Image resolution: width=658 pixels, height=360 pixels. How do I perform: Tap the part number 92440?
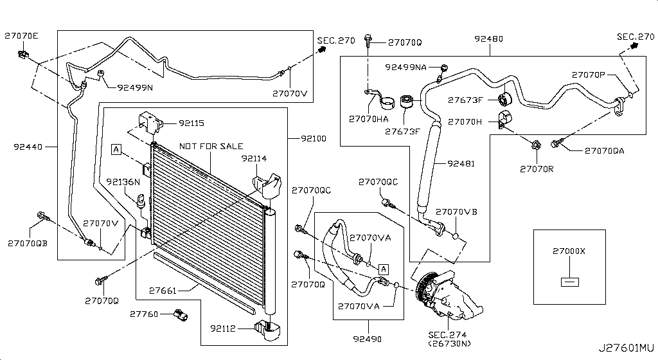point(28,147)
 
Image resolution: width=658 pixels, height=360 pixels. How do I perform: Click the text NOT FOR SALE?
point(211,146)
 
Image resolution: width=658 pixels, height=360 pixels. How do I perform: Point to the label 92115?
point(191,122)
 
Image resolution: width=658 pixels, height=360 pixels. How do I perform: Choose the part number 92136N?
point(123,182)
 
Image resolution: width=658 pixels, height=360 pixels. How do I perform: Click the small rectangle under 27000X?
point(569,282)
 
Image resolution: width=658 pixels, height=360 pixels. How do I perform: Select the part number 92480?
point(489,39)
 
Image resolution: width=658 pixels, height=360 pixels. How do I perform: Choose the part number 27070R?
point(535,169)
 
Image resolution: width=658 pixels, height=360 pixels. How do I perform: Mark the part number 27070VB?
point(456,212)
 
